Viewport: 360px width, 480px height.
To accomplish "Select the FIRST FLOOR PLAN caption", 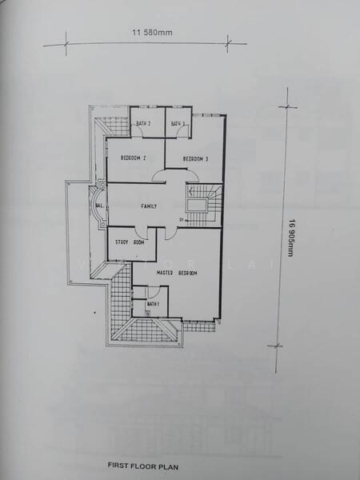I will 142,464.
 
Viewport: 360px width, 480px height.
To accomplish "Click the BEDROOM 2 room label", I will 133,158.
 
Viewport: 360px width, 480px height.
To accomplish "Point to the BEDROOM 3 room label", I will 196,158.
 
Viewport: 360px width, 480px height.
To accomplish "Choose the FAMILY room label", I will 149,206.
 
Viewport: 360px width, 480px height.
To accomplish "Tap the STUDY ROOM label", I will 129,242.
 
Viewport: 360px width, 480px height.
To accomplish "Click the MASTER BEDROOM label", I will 176,273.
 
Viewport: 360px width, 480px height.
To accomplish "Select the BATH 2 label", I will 143,123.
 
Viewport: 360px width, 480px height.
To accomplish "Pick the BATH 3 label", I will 178,123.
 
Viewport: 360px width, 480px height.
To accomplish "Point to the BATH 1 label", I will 152,304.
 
